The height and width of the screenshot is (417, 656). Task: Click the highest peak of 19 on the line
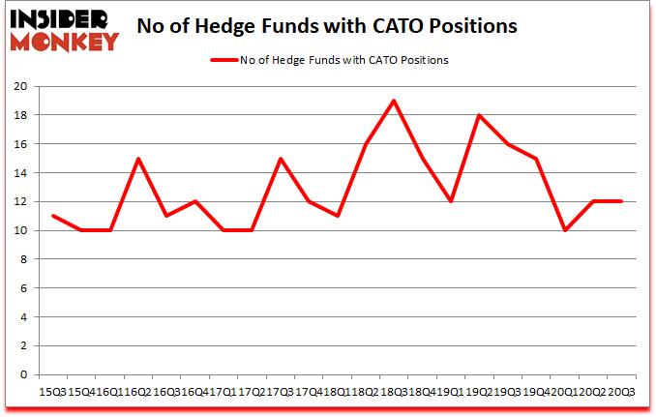(393, 101)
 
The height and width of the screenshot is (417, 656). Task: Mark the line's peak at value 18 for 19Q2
(479, 115)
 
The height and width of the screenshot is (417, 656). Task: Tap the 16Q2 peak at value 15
(138, 159)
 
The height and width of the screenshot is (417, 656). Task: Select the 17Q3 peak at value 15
(281, 159)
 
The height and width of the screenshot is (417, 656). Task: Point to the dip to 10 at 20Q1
(565, 230)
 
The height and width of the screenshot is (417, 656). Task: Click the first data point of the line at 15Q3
(52, 216)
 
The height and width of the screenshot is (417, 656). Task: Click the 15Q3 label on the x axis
(51, 391)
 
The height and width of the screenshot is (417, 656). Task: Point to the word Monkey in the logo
(64, 41)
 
